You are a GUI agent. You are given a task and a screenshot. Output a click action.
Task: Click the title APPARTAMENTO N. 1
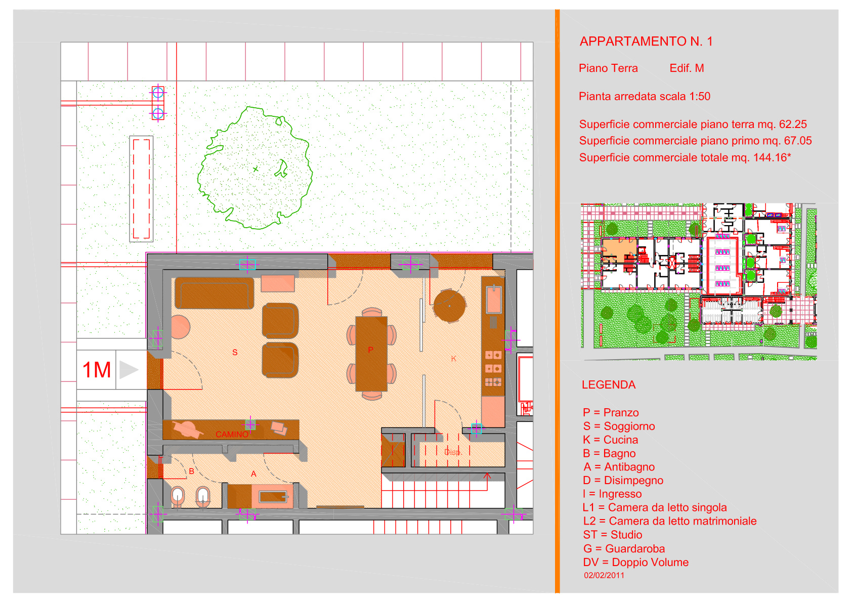click(x=646, y=41)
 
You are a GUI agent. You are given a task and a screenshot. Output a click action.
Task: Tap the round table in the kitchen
click(x=450, y=306)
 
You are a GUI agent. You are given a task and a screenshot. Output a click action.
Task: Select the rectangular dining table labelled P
click(x=371, y=354)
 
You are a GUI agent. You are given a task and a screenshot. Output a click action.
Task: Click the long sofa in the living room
click(x=214, y=293)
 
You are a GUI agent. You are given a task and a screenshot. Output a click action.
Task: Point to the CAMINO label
click(x=232, y=434)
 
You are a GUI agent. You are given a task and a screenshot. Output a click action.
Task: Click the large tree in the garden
click(x=255, y=168)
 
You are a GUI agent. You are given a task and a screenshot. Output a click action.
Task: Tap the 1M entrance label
click(x=97, y=370)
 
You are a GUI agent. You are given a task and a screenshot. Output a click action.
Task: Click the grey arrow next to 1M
click(x=128, y=370)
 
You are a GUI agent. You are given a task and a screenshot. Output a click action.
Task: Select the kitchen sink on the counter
click(x=493, y=299)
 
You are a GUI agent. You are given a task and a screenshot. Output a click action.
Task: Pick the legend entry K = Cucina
click(x=610, y=440)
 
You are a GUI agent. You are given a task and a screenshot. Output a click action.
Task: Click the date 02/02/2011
click(x=604, y=575)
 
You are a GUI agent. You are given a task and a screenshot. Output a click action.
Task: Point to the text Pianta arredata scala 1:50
click(x=645, y=96)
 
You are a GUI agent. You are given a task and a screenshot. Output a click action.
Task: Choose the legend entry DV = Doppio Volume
click(x=635, y=563)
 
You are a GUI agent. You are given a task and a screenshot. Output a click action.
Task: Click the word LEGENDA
click(x=608, y=385)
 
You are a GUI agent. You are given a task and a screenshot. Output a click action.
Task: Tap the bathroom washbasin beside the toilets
click(x=273, y=497)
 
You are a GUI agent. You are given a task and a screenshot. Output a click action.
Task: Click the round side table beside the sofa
click(x=180, y=327)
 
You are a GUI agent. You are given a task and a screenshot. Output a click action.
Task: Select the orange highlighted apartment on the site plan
click(x=619, y=250)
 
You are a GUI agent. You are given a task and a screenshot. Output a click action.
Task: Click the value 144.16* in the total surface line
click(x=772, y=157)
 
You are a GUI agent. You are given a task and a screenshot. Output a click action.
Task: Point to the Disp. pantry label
click(x=453, y=452)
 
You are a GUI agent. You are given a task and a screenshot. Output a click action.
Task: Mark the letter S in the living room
click(x=235, y=353)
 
